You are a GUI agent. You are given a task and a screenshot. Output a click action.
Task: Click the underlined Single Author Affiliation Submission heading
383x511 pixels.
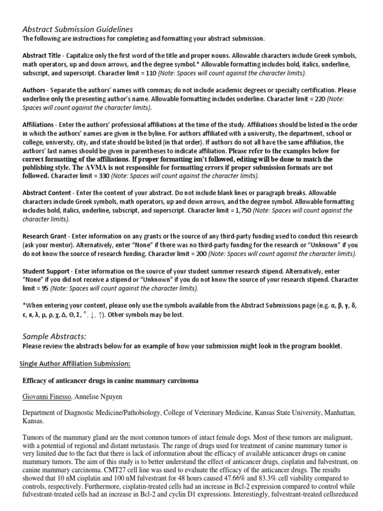pos(75,364)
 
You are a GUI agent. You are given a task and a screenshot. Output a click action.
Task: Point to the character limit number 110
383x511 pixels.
pos(151,73)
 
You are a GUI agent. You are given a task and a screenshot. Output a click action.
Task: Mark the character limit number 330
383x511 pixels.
pos(102,176)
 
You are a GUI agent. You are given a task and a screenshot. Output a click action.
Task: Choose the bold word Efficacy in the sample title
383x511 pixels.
pos(36,380)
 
